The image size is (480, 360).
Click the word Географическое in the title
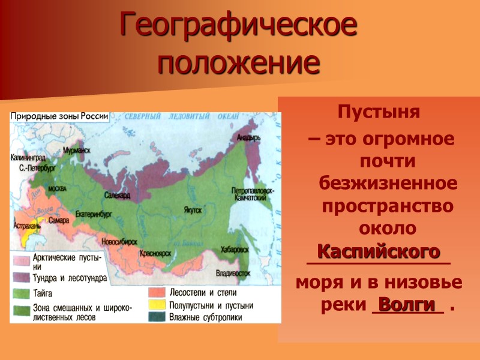pos(239,25)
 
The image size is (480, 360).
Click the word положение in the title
pos(239,62)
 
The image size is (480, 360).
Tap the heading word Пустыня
pos(379,112)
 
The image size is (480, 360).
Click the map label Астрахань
pos(26,226)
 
